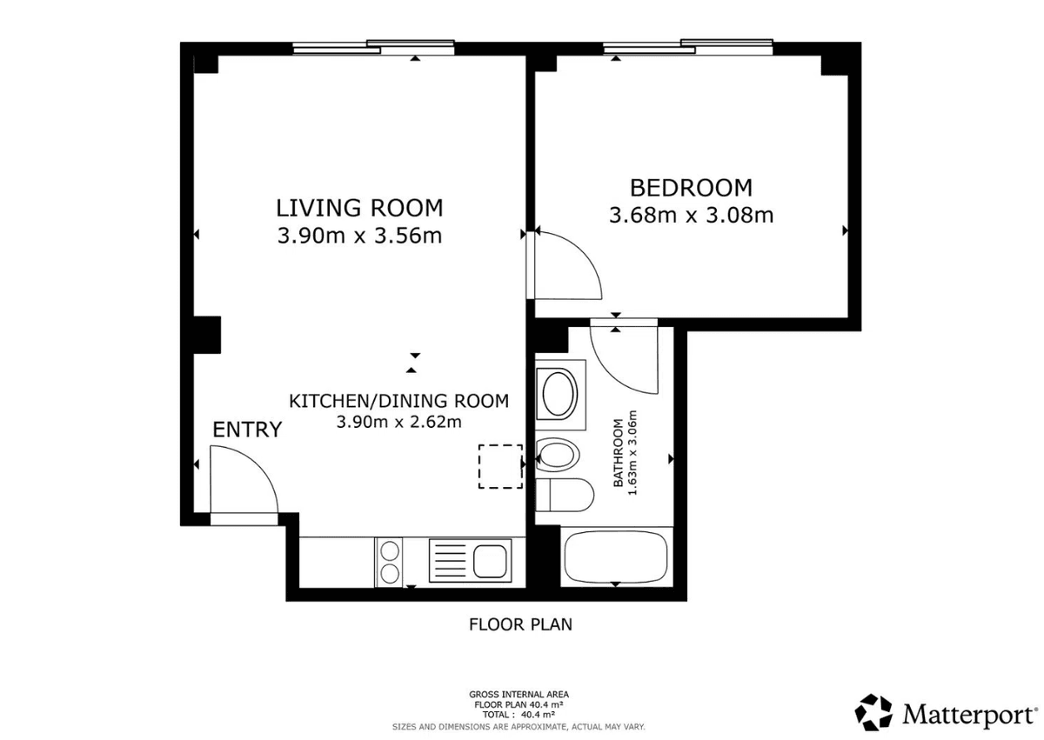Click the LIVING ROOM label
tap(359, 208)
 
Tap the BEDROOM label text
tap(691, 188)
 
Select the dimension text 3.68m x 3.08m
tap(691, 215)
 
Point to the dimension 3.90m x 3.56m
tap(359, 235)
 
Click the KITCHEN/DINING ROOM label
tap(399, 401)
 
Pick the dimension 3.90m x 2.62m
tap(399, 422)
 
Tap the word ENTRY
tap(247, 430)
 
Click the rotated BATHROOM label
tap(618, 453)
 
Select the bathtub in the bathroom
tap(616, 557)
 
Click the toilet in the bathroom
tap(565, 495)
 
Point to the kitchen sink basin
tap(490, 562)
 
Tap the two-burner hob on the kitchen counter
tap(390, 562)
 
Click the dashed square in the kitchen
tap(500, 467)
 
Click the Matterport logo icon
tap(873, 712)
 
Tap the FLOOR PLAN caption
tap(520, 624)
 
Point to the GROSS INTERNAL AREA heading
tap(519, 695)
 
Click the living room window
tap(374, 48)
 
